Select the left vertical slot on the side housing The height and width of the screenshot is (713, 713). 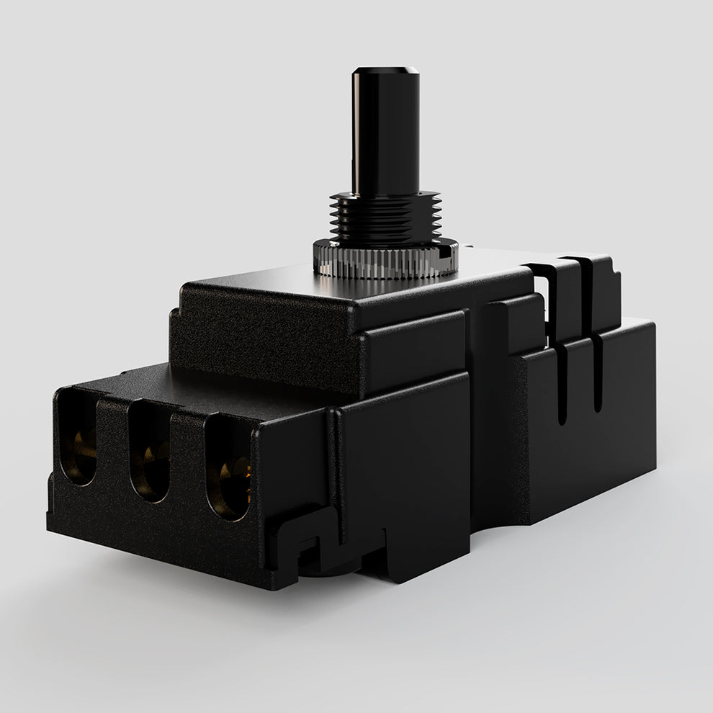click(x=562, y=382)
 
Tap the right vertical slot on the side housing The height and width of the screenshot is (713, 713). click(x=597, y=375)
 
